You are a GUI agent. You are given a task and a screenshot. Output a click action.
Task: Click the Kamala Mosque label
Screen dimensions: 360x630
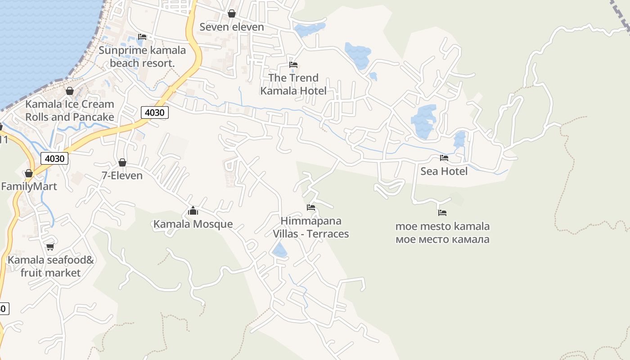coord(193,224)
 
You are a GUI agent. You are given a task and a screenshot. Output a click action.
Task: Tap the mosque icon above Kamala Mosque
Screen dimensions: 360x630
coord(193,211)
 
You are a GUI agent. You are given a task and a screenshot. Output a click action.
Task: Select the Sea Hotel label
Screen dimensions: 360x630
coord(444,171)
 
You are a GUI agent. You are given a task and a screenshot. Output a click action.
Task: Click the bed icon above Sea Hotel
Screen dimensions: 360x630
coord(444,158)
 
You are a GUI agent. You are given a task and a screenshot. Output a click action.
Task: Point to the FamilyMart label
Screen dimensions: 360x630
coord(29,186)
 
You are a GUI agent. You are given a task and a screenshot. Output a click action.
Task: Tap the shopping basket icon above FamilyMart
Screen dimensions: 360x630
coord(29,173)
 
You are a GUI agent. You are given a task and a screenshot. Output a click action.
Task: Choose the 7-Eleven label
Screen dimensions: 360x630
coord(122,175)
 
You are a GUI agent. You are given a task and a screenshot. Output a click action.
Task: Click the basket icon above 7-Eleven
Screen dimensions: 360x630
coord(122,162)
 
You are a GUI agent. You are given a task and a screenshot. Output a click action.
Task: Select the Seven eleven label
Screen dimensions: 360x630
coord(231,27)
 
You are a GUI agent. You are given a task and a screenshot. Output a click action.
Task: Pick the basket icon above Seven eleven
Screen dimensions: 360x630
coord(232,13)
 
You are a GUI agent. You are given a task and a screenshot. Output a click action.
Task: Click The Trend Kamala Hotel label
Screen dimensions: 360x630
coord(293,84)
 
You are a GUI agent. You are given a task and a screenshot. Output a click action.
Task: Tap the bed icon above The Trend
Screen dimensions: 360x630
coord(293,65)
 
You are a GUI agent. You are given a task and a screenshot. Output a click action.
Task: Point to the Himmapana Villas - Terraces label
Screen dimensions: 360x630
coord(311,227)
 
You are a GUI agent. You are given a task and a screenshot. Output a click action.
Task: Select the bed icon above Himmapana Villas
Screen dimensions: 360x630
coord(311,207)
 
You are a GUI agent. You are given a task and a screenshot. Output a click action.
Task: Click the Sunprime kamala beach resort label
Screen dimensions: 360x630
coord(142,57)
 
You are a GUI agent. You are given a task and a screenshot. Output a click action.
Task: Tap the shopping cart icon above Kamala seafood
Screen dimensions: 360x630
coord(50,247)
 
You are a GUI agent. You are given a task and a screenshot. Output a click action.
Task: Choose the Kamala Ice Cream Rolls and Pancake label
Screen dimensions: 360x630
coord(70,111)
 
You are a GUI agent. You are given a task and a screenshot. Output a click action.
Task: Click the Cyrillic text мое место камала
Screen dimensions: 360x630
coord(442,239)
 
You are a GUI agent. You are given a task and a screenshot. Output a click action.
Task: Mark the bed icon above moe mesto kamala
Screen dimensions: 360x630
coord(442,213)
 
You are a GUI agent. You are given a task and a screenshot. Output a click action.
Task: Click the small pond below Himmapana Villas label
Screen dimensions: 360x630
coord(280,250)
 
